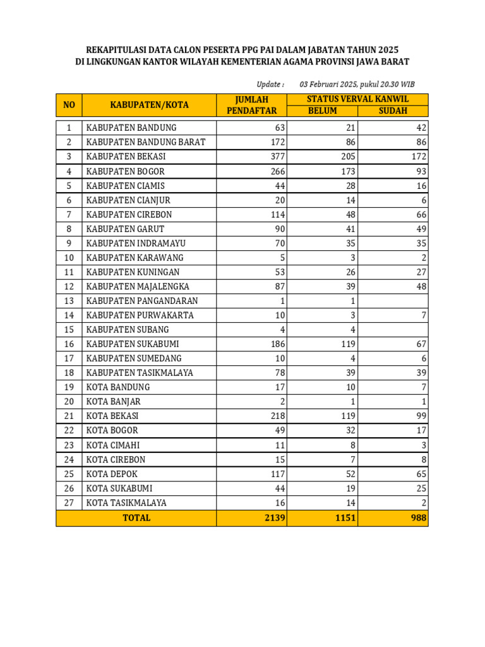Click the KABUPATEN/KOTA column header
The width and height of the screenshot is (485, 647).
pos(149,105)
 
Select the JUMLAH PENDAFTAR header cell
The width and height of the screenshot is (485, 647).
pos(251,105)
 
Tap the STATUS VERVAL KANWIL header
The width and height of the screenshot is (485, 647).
pos(357,99)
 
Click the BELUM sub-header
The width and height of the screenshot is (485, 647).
pos(322,111)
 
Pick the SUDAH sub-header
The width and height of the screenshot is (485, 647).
pos(393,111)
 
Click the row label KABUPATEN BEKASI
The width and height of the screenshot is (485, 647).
pos(126,157)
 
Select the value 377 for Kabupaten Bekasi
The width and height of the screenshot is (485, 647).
pos(277,157)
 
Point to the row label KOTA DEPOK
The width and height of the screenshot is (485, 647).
pos(112,474)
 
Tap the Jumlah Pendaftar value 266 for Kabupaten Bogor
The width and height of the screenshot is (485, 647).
pos(277,171)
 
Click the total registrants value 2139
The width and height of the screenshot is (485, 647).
pos(275,518)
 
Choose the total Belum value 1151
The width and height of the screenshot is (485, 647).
pos(345,518)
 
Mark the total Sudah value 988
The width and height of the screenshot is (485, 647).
pos(417,518)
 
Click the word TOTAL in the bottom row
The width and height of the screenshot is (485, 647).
pos(136,518)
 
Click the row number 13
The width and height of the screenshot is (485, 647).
pos(69,301)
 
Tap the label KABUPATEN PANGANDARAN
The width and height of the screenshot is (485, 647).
pos(142,301)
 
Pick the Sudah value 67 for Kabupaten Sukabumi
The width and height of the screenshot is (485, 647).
pos(421,344)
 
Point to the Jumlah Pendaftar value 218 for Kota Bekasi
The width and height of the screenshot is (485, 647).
pos(277,416)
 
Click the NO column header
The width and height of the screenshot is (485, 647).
pos(69,105)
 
